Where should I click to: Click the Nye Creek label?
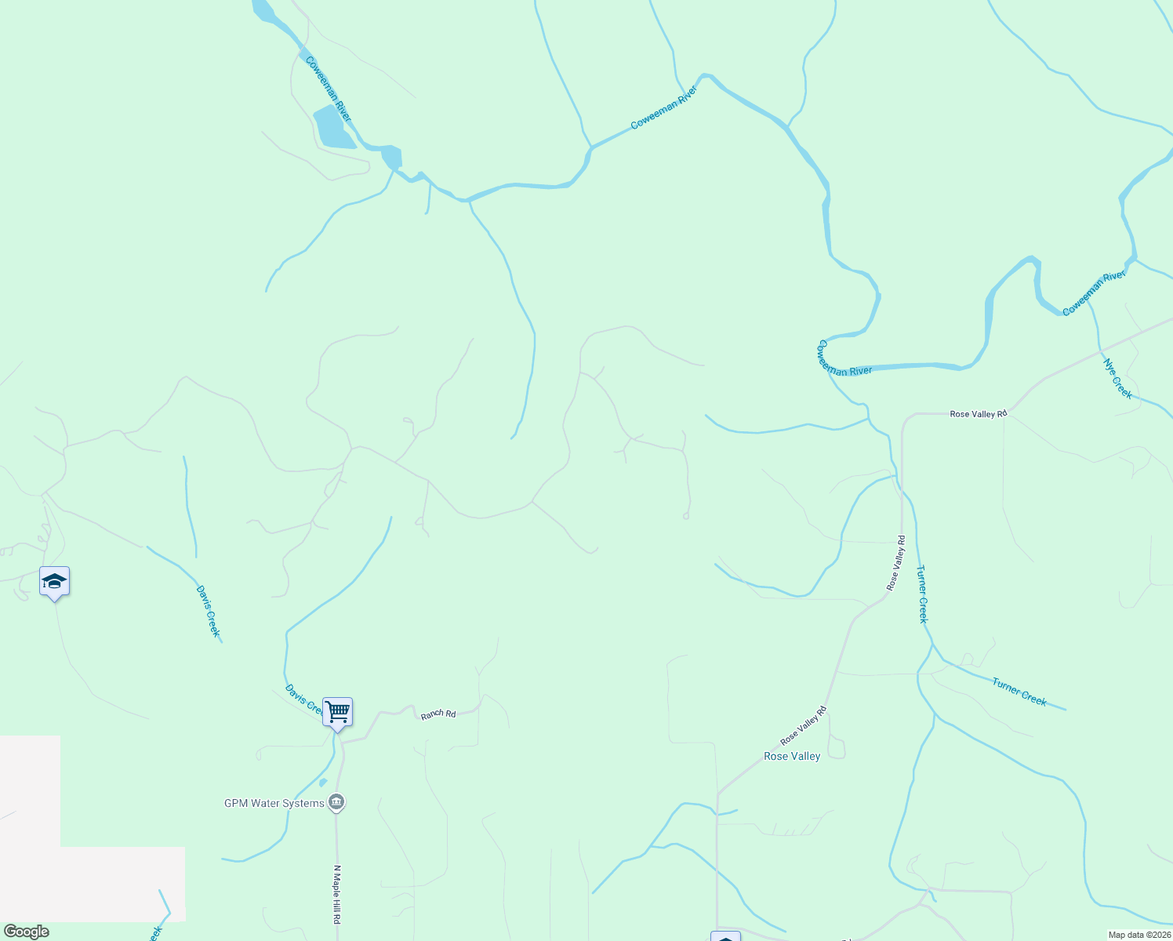[x=1117, y=379]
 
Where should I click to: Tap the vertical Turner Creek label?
[x=923, y=594]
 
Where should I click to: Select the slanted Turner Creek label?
[x=1019, y=692]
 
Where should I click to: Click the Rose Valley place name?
[x=792, y=756]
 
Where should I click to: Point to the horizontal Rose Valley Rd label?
[x=978, y=413]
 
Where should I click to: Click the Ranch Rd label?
[x=438, y=714]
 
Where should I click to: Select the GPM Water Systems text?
[x=274, y=803]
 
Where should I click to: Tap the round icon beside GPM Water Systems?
[x=336, y=802]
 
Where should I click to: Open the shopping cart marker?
[x=337, y=712]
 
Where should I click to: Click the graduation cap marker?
[x=54, y=582]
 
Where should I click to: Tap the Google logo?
[x=27, y=932]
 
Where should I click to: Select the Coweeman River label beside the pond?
[x=329, y=89]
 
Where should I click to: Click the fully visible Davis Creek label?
[x=209, y=612]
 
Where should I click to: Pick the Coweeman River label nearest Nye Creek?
[x=1094, y=293]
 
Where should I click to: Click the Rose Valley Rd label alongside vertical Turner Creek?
[x=895, y=563]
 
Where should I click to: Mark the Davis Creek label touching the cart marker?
[x=303, y=699]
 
